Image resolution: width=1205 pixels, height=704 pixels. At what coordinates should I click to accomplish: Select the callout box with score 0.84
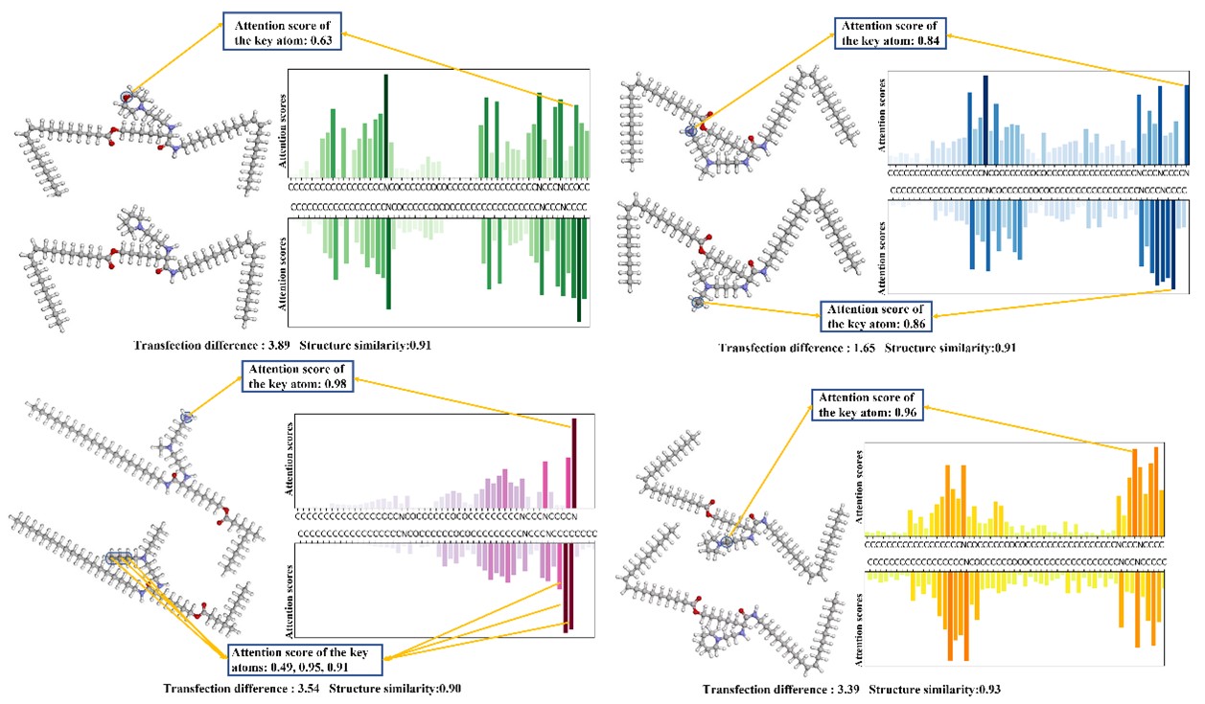(x=888, y=33)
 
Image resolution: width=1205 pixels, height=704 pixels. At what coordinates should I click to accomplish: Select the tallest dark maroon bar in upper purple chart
(x=573, y=462)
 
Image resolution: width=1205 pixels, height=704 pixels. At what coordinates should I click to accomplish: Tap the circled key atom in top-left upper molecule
(x=127, y=96)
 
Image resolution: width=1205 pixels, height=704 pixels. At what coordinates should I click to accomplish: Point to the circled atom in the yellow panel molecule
(x=727, y=542)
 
